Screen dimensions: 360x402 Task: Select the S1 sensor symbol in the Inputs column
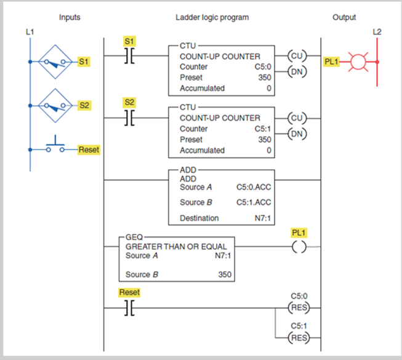pos(57,62)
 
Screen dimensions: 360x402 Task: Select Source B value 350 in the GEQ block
pos(225,274)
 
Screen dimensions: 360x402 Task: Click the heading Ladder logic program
pos(212,17)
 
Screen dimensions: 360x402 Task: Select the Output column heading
pos(344,17)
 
